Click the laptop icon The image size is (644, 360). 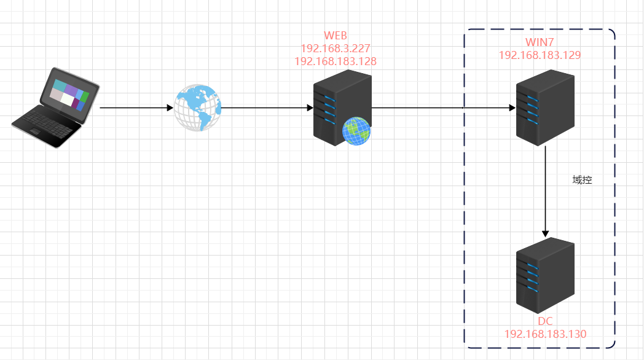[56, 108]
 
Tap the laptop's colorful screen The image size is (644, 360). [69, 94]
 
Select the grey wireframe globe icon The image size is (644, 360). [197, 108]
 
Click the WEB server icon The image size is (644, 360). [342, 108]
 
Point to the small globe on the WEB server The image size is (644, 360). [356, 131]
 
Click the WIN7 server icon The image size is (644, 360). [545, 108]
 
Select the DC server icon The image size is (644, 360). [545, 276]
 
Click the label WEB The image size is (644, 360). [335, 36]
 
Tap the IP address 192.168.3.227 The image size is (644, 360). [335, 48]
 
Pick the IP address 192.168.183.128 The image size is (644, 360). [335, 61]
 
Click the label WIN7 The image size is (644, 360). [540, 42]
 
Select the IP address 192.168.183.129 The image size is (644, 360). [540, 55]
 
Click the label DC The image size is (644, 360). [545, 322]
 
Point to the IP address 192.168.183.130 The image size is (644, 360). [545, 334]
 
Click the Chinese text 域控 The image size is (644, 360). [581, 181]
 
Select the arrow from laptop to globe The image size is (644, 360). [136, 108]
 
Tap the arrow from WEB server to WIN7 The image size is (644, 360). [442, 108]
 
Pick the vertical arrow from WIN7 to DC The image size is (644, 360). [545, 190]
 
